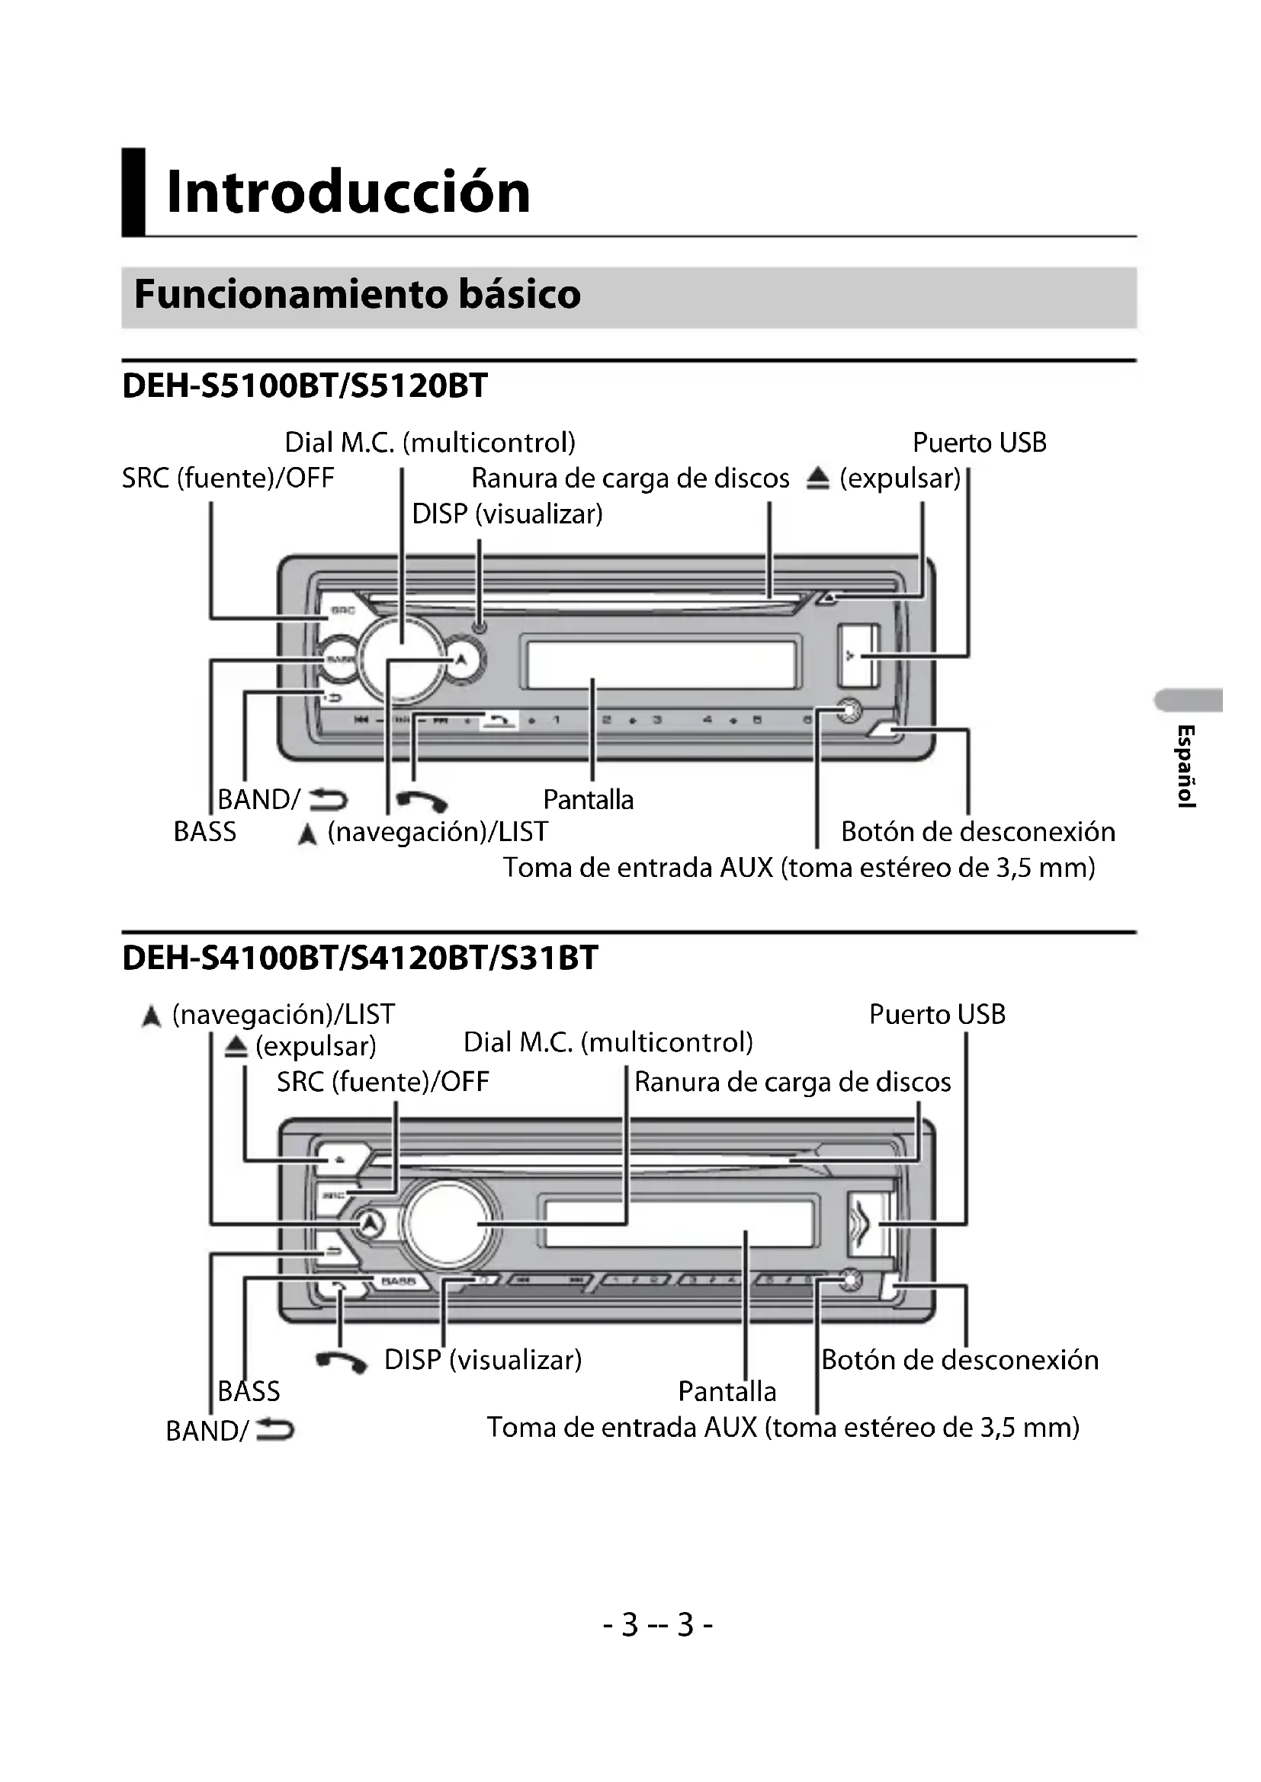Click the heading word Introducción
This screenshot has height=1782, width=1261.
click(x=348, y=192)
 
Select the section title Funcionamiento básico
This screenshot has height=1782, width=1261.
click(x=357, y=294)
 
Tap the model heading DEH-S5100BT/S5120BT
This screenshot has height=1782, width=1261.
click(x=304, y=386)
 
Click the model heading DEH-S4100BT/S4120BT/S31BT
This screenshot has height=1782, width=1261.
click(x=361, y=958)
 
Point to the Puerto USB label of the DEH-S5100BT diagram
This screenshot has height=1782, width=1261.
click(x=979, y=443)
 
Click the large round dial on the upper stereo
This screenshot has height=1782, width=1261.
click(x=402, y=658)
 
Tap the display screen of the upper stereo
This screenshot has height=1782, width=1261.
click(x=661, y=663)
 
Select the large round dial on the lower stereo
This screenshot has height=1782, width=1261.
click(x=448, y=1224)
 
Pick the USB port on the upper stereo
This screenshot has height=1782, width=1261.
click(x=857, y=657)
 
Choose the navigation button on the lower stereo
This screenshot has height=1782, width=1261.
click(x=371, y=1224)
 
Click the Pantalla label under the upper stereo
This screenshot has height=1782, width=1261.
click(x=588, y=799)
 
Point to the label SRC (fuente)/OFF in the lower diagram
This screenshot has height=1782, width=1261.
click(x=383, y=1081)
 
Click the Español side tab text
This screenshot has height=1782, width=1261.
click(x=1185, y=766)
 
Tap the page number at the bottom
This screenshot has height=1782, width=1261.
click(x=658, y=1624)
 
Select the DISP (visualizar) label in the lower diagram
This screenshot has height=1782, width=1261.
click(x=483, y=1359)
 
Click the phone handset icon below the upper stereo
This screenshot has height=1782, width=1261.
click(x=422, y=800)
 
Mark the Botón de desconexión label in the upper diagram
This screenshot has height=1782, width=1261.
click(x=977, y=831)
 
